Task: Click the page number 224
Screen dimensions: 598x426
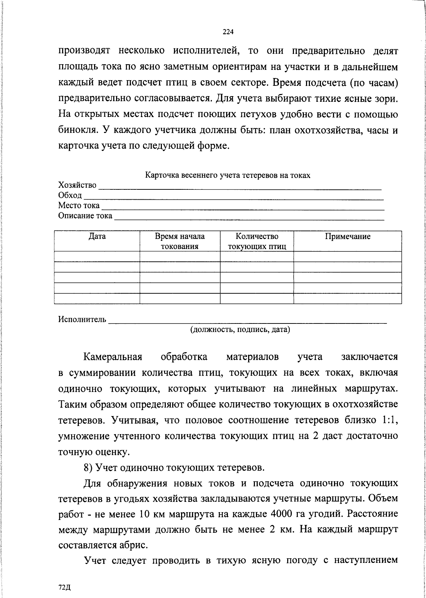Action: click(x=228, y=32)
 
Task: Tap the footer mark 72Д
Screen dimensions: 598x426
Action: click(x=65, y=587)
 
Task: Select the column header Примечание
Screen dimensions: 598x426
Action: click(x=348, y=237)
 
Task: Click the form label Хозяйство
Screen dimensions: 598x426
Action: click(x=77, y=185)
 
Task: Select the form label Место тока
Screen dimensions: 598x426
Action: click(x=79, y=206)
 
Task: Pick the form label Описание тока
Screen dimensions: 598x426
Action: click(x=85, y=216)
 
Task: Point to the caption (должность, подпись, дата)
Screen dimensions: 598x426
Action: click(x=240, y=330)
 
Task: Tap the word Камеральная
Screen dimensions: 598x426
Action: click(x=113, y=357)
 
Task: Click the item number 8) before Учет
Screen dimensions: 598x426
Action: click(x=88, y=467)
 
